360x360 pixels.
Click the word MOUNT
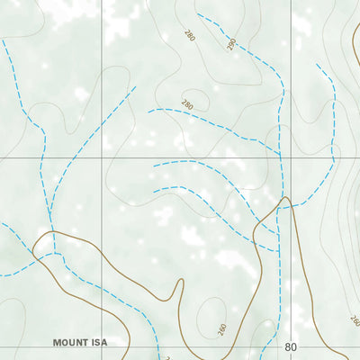coord(68,343)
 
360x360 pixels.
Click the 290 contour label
coord(230,43)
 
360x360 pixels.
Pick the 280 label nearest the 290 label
coord(190,35)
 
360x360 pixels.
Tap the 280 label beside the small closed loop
coord(187,104)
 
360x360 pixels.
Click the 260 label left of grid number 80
coord(222,328)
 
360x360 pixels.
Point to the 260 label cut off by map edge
coord(354,321)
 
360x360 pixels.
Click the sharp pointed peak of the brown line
coord(285,197)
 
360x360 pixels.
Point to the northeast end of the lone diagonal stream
coord(135,87)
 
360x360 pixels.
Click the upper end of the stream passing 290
coord(197,14)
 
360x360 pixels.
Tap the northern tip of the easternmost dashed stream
coord(317,64)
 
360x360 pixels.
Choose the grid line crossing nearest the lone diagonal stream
coord(102,157)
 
